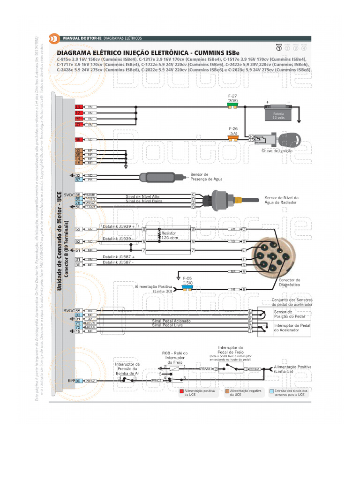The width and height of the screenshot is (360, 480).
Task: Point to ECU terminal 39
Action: [78, 139]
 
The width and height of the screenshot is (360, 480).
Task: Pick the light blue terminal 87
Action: [78, 180]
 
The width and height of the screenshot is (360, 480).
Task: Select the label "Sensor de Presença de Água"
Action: [206, 177]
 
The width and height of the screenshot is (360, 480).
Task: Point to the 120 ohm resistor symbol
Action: [160, 235]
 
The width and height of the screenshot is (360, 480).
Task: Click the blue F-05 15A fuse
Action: [187, 289]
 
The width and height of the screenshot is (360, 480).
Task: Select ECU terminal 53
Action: [78, 229]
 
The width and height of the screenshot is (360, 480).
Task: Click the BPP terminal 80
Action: [78, 381]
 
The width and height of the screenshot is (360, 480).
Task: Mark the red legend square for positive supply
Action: [181, 390]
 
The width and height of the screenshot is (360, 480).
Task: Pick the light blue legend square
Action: [272, 390]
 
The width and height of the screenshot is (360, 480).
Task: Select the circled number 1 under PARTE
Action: [279, 48]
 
